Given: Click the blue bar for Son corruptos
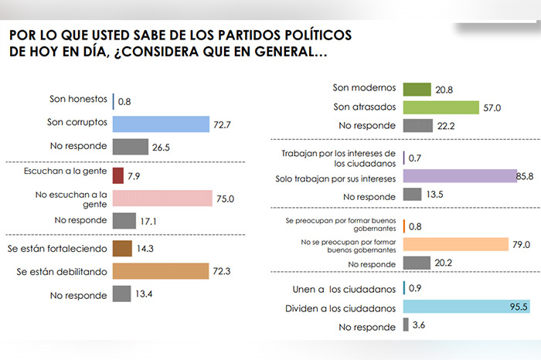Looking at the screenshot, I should coord(161,124).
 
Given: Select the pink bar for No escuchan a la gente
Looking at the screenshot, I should coord(162,199).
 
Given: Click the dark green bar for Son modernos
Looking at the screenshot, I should coord(417,89).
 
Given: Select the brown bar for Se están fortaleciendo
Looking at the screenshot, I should coord(121,249).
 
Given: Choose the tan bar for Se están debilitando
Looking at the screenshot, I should coord(160,271).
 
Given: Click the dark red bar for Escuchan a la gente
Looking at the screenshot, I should coord(117,175).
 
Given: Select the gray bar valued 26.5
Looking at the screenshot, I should coord(130,146).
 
